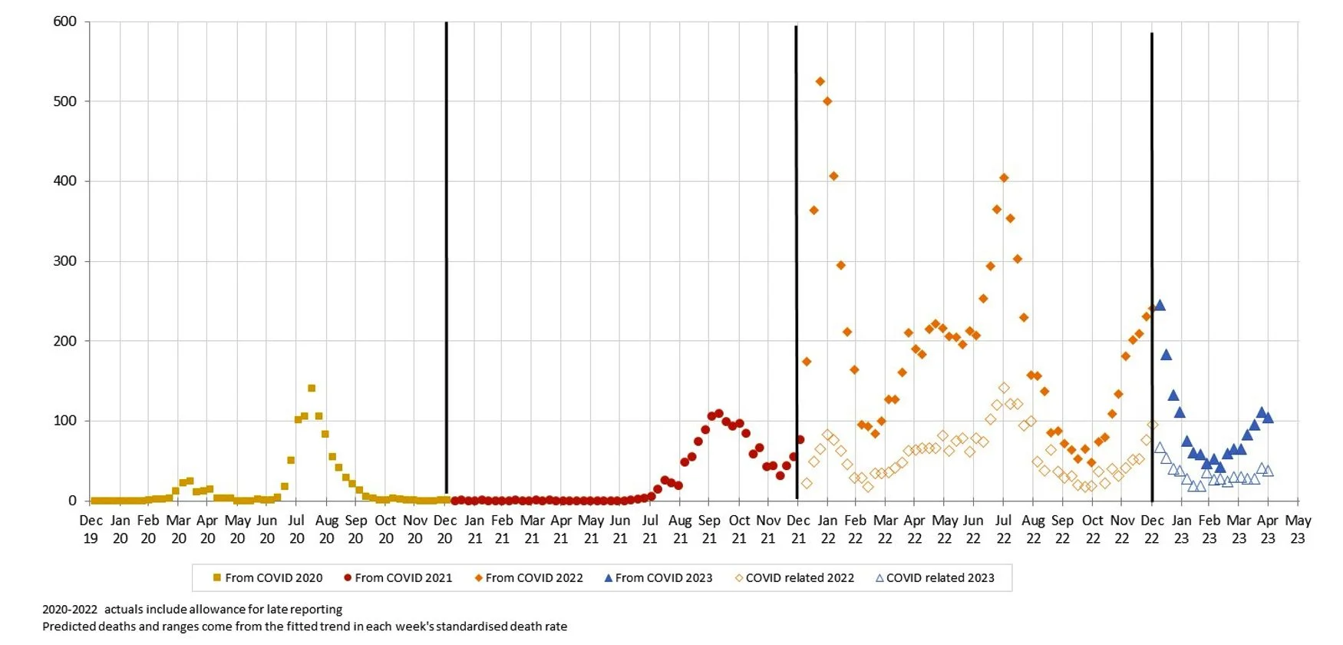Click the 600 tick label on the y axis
click(64, 21)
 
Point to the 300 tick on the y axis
click(64, 261)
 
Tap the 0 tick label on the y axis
click(72, 501)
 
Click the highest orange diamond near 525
click(820, 81)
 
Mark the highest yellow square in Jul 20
click(312, 389)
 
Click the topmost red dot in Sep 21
click(719, 414)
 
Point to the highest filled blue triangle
click(1160, 306)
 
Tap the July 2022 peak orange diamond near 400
click(1004, 178)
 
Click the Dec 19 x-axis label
click(91, 529)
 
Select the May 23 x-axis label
click(1298, 529)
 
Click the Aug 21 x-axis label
click(680, 529)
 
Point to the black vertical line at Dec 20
click(447, 253)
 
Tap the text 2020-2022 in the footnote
click(70, 610)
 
